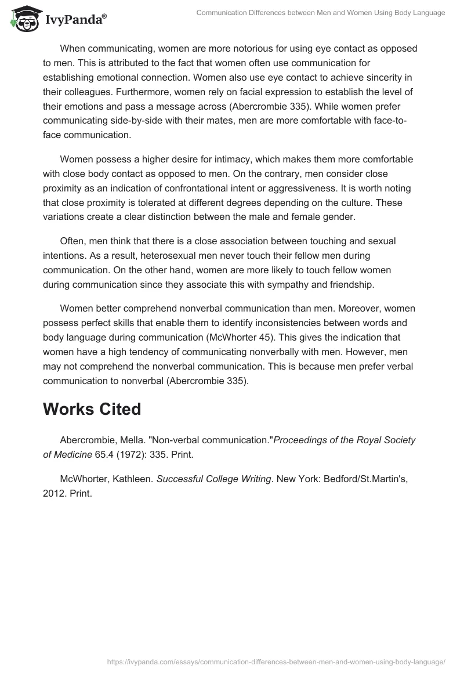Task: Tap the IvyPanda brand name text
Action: (x=75, y=21)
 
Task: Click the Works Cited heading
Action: (x=92, y=409)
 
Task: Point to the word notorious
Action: (x=225, y=48)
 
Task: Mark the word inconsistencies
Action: (x=277, y=323)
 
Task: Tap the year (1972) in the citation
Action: (x=135, y=455)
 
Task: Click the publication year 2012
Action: (x=55, y=494)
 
